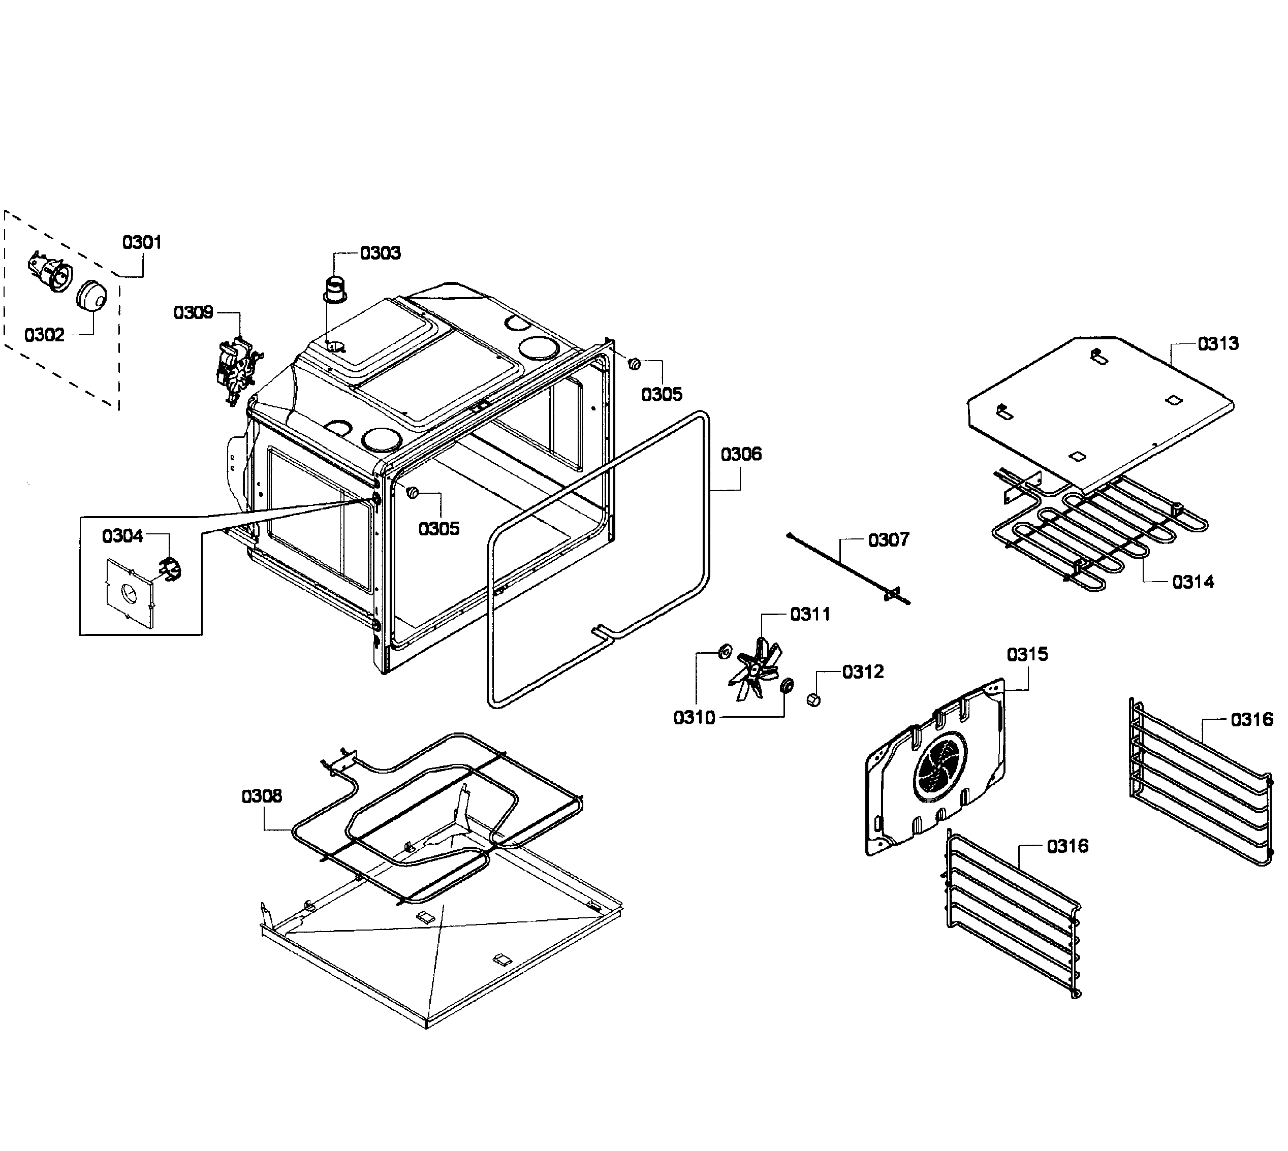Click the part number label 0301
point(142,242)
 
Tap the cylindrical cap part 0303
point(336,287)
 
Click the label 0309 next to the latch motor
point(193,312)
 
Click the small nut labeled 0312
point(813,699)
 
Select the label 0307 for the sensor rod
point(888,539)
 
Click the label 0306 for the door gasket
point(741,454)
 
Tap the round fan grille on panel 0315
point(939,766)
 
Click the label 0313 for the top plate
point(1218,344)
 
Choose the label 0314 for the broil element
point(1192,582)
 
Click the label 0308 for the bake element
point(261,796)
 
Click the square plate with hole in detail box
point(130,593)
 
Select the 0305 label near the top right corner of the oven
point(662,395)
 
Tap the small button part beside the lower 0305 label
point(413,492)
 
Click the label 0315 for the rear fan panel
point(1027,654)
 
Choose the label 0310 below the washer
point(694,718)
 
